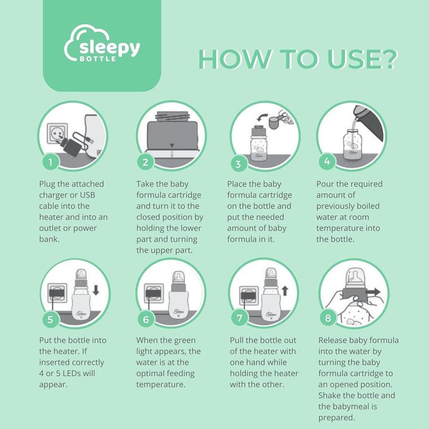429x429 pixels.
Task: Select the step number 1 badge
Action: (51, 162)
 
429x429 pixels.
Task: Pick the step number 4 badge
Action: (327, 161)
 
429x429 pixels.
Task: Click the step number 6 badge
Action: (146, 319)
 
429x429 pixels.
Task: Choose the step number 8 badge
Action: (328, 318)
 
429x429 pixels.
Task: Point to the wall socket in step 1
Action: (57, 133)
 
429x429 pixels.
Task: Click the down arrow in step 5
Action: (96, 290)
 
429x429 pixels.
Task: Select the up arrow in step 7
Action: (285, 291)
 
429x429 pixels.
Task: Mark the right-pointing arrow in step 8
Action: (372, 292)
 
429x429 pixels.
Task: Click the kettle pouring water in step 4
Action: (369, 122)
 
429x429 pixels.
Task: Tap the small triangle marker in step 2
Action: (172, 145)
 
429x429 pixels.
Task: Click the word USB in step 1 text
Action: (87, 195)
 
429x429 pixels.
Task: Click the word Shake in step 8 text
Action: (329, 396)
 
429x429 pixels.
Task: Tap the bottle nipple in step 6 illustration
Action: (178, 276)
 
